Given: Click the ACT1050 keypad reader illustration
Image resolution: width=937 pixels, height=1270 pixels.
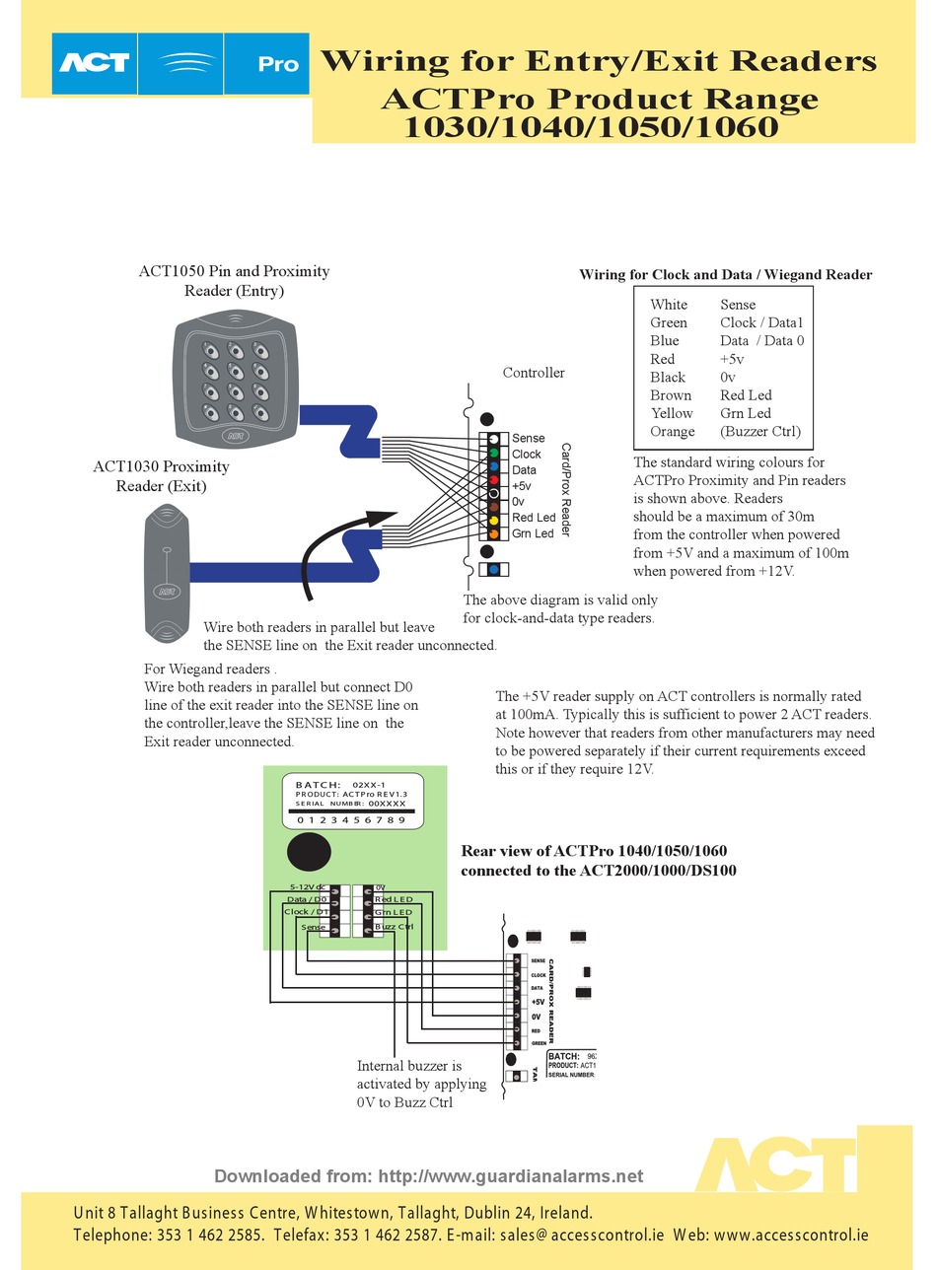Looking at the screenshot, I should click(236, 379).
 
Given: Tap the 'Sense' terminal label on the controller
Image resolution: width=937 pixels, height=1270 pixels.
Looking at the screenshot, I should click(528, 438).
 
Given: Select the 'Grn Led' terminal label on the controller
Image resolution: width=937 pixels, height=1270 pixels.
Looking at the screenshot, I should click(533, 533).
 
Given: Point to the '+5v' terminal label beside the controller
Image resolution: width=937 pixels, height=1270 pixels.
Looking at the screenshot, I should click(521, 486).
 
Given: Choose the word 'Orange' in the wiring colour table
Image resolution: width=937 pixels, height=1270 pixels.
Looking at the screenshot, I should click(672, 431).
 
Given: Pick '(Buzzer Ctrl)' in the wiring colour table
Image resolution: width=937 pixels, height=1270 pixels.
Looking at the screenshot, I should click(759, 431).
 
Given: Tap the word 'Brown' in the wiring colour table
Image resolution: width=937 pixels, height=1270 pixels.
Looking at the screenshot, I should click(671, 395).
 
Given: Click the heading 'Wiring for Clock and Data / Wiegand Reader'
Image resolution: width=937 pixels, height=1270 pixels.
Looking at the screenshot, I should click(725, 275).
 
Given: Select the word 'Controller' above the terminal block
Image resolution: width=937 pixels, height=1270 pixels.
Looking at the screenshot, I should click(534, 373).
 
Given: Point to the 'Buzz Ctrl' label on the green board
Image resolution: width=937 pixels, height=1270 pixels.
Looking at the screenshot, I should click(394, 927).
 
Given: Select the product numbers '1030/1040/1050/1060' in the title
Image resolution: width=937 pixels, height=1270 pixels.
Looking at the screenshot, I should click(591, 127).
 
